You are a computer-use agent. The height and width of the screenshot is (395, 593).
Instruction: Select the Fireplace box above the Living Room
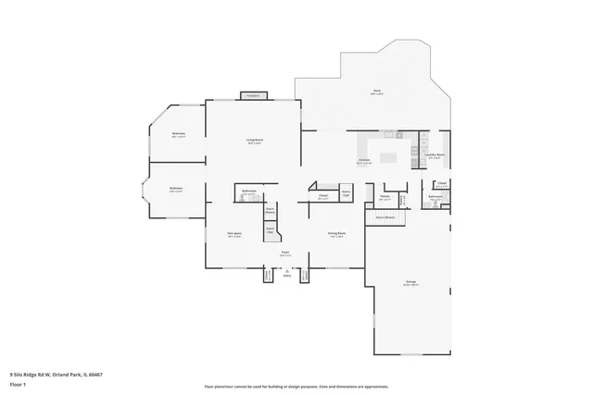253,95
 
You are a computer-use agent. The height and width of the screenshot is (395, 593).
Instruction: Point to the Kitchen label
365,159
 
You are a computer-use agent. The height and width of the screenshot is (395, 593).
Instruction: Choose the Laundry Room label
435,156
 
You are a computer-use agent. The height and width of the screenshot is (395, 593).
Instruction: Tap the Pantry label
385,198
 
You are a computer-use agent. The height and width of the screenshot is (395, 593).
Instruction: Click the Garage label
410,282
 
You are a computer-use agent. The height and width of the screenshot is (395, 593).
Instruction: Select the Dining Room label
336,235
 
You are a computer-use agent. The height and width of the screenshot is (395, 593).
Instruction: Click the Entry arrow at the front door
287,272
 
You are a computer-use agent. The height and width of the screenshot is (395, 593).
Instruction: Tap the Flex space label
234,235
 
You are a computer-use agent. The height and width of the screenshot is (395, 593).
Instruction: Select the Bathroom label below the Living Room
249,192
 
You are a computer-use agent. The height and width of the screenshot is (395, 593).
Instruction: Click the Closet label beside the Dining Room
323,197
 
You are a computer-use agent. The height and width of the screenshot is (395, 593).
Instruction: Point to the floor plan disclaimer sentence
296,386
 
